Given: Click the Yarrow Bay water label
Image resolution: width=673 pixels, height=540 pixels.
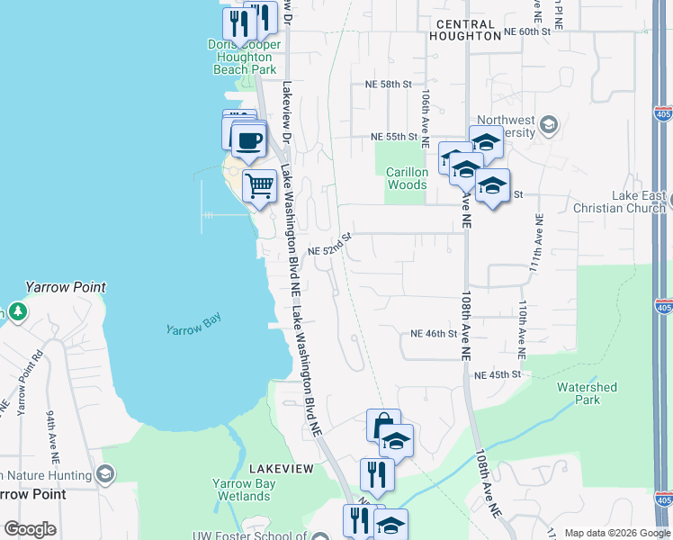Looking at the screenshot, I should pyautogui.click(x=193, y=329).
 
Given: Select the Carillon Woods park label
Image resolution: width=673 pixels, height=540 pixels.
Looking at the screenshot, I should pyautogui.click(x=407, y=178).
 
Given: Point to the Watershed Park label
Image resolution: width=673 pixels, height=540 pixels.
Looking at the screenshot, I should pyautogui.click(x=587, y=393).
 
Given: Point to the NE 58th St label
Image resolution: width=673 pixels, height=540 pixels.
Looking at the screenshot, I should pyautogui.click(x=388, y=84).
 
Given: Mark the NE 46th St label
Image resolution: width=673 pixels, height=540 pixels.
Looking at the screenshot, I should pyautogui.click(x=434, y=334).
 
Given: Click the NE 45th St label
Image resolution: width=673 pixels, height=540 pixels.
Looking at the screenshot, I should pyautogui.click(x=497, y=374).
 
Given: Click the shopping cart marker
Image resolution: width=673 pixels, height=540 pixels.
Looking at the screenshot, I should pyautogui.click(x=259, y=186).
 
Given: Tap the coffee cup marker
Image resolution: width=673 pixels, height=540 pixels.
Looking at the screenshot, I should pyautogui.click(x=248, y=140).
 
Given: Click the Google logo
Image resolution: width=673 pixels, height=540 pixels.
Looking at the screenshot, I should pyautogui.click(x=30, y=529).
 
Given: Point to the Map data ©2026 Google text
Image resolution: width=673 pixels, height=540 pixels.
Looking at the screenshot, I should pyautogui.click(x=616, y=533).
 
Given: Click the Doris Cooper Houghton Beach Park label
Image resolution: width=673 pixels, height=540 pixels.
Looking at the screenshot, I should pyautogui.click(x=244, y=57).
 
